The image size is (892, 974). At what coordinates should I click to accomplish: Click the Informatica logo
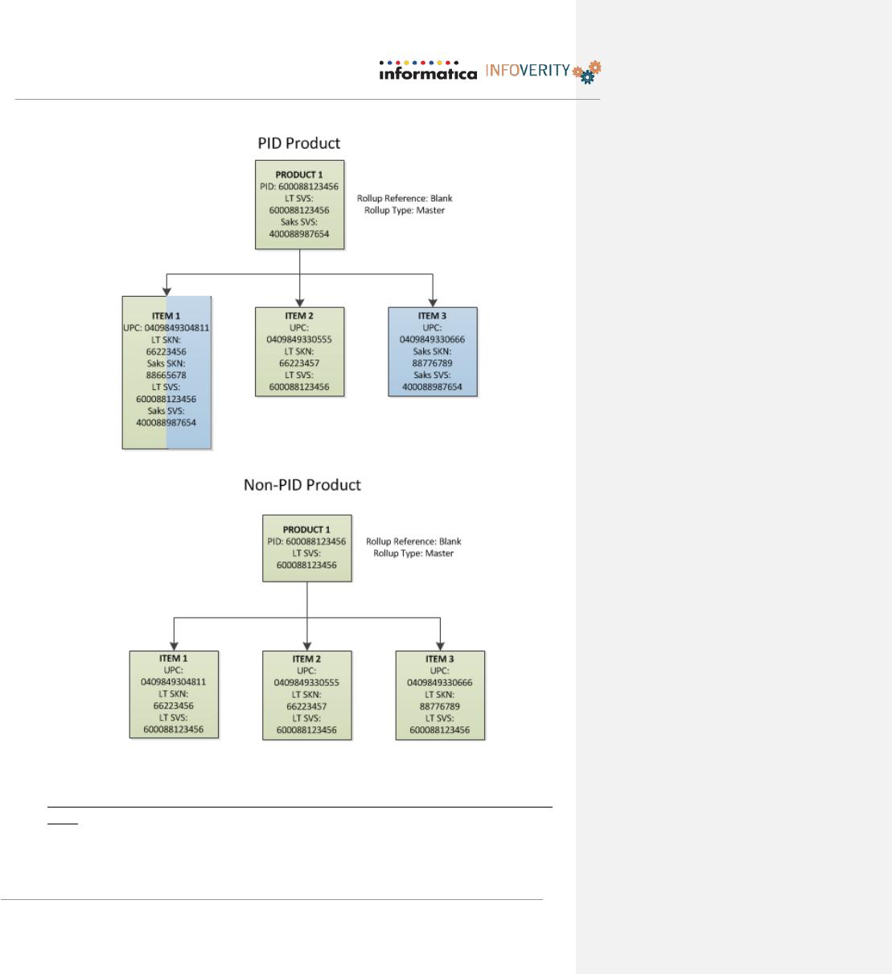[x=428, y=71]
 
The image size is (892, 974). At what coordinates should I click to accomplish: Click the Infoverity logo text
[x=528, y=71]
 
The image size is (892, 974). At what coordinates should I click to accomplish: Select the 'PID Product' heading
[x=298, y=143]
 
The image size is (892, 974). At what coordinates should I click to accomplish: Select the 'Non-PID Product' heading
[x=302, y=484]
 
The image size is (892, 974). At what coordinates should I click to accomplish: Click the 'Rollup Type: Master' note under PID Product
[x=405, y=210]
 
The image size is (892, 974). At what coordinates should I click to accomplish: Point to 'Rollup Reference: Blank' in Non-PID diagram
[x=413, y=541]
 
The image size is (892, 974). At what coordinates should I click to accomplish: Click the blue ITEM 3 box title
[x=432, y=315]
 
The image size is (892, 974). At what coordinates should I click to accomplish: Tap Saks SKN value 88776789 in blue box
[x=432, y=364]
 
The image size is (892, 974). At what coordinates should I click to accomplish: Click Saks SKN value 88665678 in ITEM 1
[x=166, y=376]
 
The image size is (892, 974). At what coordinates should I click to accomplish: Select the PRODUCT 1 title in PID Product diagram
[x=299, y=175]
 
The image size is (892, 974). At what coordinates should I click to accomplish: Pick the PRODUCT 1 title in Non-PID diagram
[x=306, y=530]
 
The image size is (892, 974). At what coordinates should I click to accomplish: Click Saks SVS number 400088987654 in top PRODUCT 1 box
[x=299, y=234]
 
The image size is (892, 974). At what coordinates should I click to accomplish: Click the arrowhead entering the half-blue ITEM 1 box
[x=166, y=292]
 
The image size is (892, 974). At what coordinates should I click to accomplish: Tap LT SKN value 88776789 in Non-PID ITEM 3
[x=439, y=706]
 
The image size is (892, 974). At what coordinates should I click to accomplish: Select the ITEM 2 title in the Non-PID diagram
[x=306, y=659]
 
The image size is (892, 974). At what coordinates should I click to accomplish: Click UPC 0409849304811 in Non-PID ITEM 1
[x=174, y=682]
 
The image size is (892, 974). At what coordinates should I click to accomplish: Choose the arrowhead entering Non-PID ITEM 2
[x=307, y=647]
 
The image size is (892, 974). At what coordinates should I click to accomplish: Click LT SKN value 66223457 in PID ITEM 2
[x=299, y=364]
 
